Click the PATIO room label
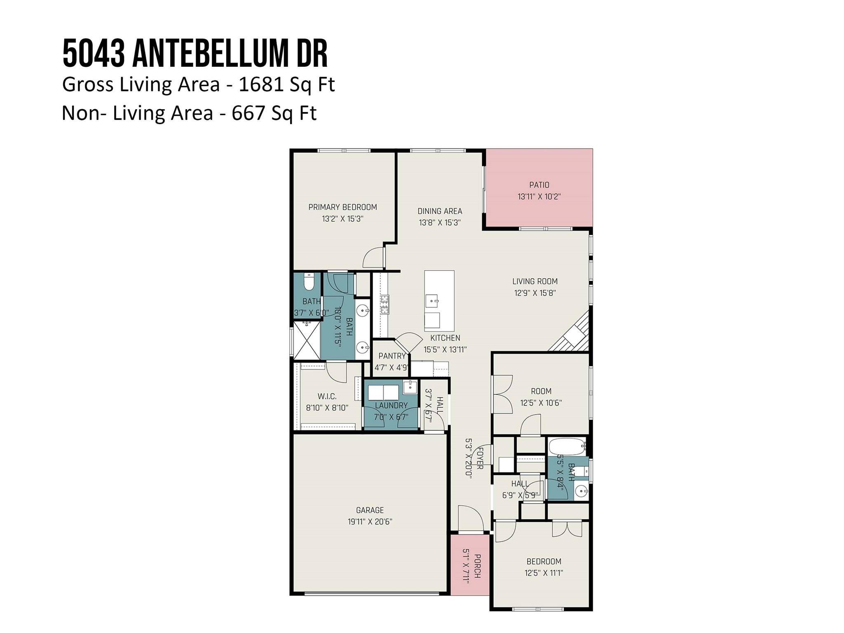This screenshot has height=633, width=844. [539, 185]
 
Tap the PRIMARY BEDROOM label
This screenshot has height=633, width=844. [342, 207]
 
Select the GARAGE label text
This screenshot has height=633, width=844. [370, 510]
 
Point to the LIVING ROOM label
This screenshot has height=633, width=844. [535, 281]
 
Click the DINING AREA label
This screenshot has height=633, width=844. [440, 211]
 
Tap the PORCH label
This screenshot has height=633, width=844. [477, 566]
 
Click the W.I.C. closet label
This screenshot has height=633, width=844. [327, 396]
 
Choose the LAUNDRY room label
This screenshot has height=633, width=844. [391, 406]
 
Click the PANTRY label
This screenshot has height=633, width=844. [392, 356]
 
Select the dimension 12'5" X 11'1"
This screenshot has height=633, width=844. [544, 573]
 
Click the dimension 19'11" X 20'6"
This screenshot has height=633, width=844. [370, 522]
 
